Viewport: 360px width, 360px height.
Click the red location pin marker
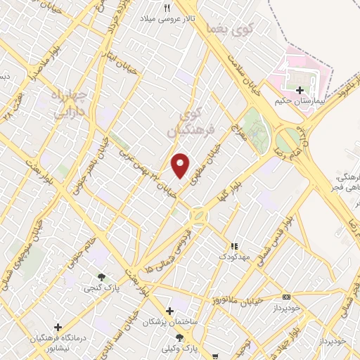pyautogui.click(x=181, y=165)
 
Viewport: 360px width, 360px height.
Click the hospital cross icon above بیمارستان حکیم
pyautogui.click(x=301, y=91)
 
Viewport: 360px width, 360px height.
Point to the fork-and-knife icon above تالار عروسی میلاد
pyautogui.click(x=167, y=8)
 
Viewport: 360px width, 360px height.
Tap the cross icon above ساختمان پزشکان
pyautogui.click(x=169, y=311)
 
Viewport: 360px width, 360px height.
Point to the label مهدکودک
pyautogui.click(x=235, y=257)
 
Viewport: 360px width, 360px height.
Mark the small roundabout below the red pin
pyautogui.click(x=198, y=214)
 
